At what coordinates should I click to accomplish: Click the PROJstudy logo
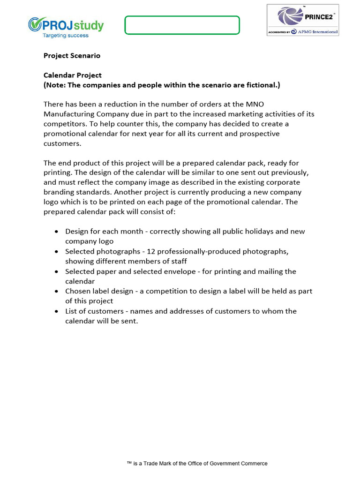tap(66, 24)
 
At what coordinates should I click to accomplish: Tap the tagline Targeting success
tap(66, 35)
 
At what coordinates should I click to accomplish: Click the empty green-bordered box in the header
tap(182, 25)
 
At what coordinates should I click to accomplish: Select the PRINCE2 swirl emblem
tap(290, 16)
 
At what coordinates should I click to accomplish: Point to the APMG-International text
tap(317, 31)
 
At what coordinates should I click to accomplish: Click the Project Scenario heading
tap(72, 55)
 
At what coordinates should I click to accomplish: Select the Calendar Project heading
tap(72, 75)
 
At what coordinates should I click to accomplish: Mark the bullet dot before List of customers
tap(56, 311)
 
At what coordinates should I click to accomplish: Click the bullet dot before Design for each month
tap(56, 232)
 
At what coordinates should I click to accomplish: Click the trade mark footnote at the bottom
tap(197, 463)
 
